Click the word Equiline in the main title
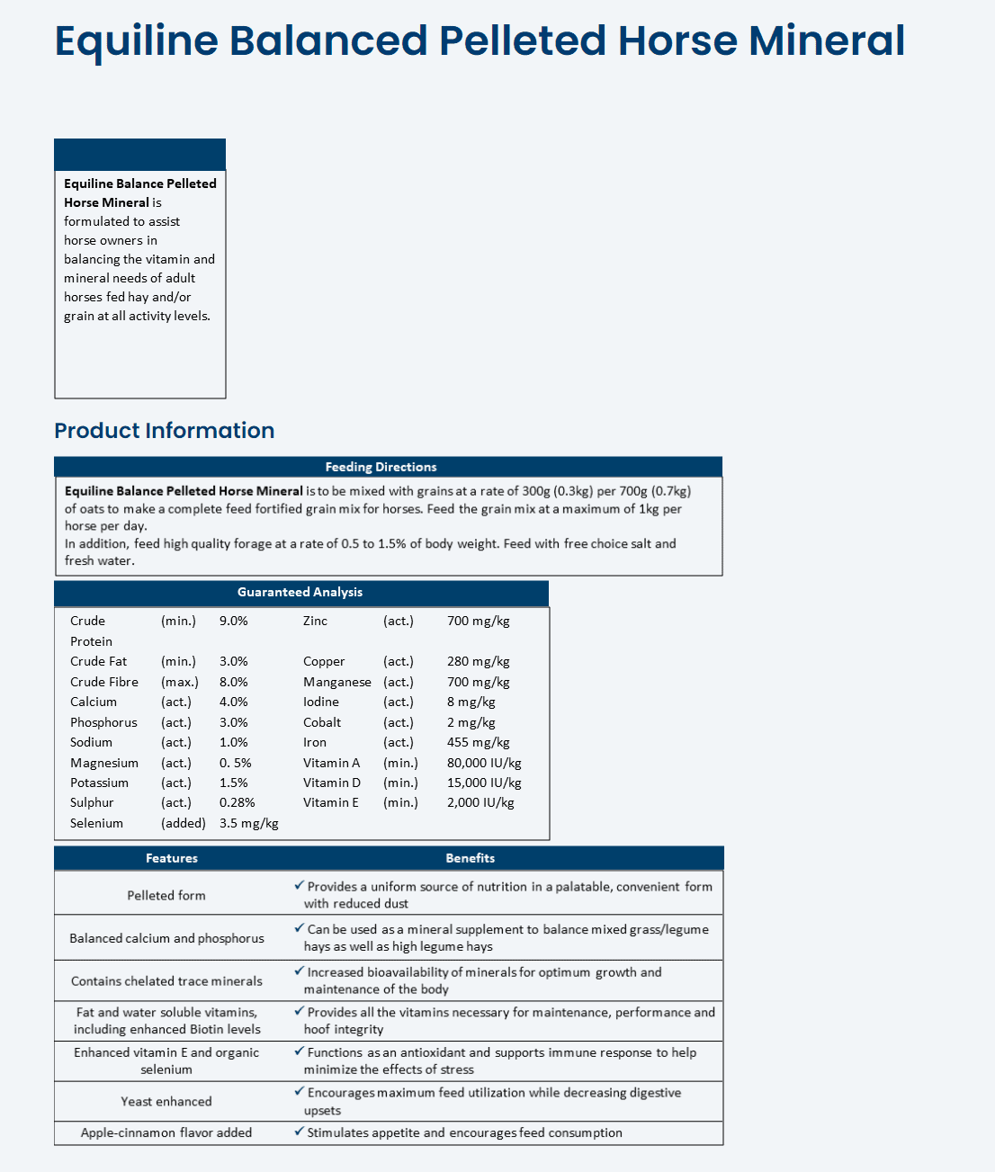pyautogui.click(x=136, y=41)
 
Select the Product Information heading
pyautogui.click(x=164, y=431)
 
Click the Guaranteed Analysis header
pyautogui.click(x=300, y=592)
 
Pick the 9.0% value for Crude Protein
pyautogui.click(x=233, y=621)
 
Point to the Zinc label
pyautogui.click(x=315, y=621)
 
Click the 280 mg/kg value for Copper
pyautogui.click(x=478, y=661)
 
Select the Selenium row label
pyautogui.click(x=96, y=823)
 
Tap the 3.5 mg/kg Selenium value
pyautogui.click(x=248, y=823)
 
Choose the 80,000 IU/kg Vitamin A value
pyautogui.click(x=484, y=763)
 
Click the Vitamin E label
pyautogui.click(x=330, y=802)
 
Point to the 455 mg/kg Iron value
pyautogui.click(x=478, y=742)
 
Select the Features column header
pyautogui.click(x=171, y=858)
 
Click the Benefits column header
pyautogui.click(x=470, y=858)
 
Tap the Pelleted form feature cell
pyautogui.click(x=166, y=895)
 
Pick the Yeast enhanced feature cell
pyautogui.click(x=166, y=1101)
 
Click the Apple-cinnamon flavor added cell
pyautogui.click(x=166, y=1132)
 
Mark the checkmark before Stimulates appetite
pyautogui.click(x=300, y=1132)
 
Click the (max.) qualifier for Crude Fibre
pyautogui.click(x=179, y=682)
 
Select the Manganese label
pyautogui.click(x=336, y=682)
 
